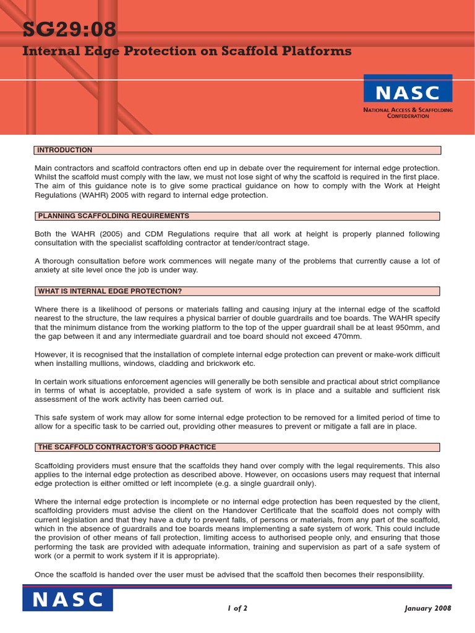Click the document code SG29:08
tap(69, 29)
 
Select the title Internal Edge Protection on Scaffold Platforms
tap(187, 51)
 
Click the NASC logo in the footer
tap(68, 599)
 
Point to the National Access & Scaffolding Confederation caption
tap(408, 113)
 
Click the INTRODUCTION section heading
tap(65, 150)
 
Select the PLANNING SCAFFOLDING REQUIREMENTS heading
tap(113, 216)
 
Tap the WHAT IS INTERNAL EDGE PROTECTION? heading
tap(109, 291)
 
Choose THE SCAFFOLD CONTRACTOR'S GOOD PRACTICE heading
tap(127, 447)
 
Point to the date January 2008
tap(428, 608)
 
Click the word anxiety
tap(49, 270)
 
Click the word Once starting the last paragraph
tap(45, 574)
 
